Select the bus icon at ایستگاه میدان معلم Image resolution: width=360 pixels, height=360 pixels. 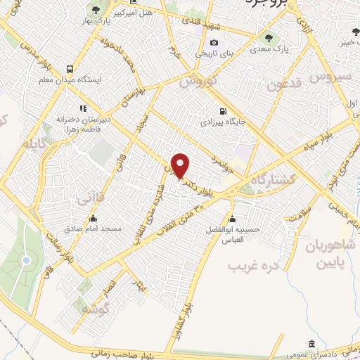70,69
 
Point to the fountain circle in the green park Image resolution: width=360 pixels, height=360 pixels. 26,261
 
